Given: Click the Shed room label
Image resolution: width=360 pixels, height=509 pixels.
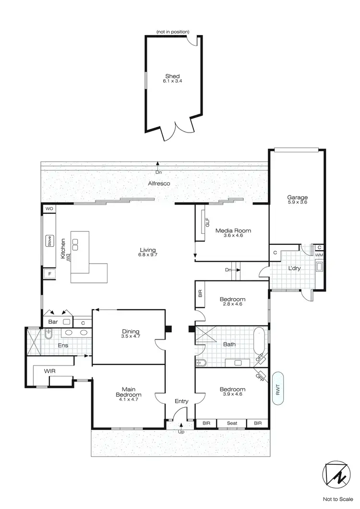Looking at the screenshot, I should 172,76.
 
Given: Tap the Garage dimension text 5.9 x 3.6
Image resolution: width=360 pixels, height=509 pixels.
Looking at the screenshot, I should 297,203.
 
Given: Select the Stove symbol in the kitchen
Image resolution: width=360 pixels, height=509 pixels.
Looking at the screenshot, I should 49,241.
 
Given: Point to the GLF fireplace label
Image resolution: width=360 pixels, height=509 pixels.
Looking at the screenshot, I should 207,224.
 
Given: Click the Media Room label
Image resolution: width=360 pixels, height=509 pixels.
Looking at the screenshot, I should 233,230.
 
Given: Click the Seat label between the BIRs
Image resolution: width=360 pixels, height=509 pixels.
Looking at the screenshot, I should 232,423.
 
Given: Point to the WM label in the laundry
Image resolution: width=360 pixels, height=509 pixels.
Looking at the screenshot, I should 319,254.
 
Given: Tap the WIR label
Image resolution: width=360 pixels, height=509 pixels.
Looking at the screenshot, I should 50,371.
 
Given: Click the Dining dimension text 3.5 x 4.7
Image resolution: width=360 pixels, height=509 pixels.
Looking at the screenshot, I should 130,337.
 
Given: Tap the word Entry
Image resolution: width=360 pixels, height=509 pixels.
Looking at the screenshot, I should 181,401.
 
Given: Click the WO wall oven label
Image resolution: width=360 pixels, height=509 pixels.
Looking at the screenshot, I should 49,209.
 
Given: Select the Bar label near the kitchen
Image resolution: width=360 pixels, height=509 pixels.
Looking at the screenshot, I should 52,322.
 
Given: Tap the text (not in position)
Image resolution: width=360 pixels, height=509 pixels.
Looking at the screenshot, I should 172,32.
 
